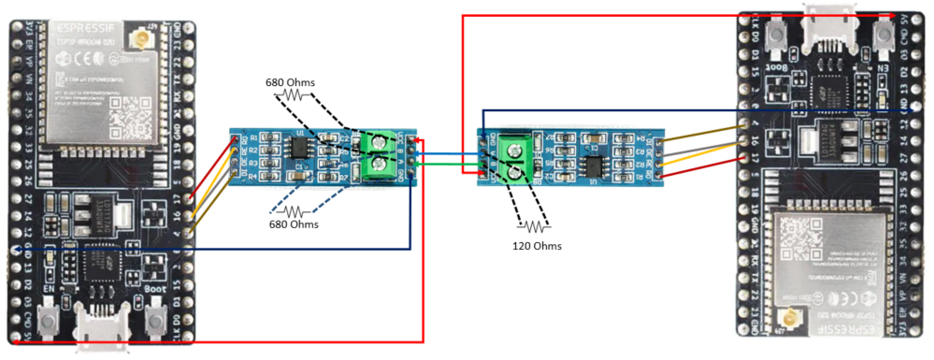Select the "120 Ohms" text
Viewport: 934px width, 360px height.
[537, 246]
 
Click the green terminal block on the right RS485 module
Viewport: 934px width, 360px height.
[515, 161]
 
